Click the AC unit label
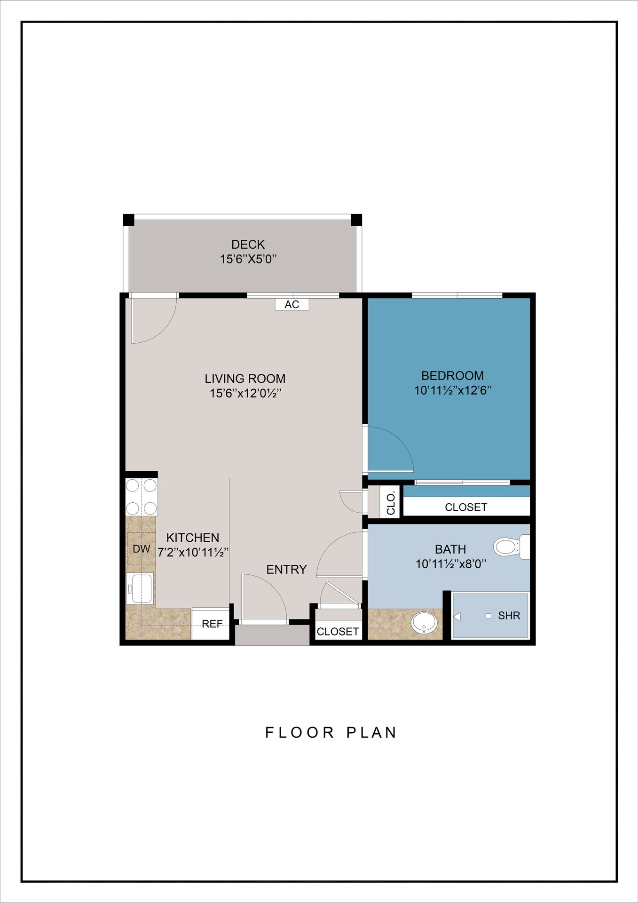tap(292, 304)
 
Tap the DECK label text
tap(248, 245)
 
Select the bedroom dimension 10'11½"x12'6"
tap(453, 390)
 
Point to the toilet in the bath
tap(511, 547)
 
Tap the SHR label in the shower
tap(509, 616)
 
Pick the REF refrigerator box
tap(212, 624)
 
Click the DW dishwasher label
tap(142, 549)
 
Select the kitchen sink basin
tap(140, 588)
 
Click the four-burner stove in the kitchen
tap(142, 497)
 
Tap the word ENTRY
tap(286, 570)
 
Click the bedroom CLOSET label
tap(466, 507)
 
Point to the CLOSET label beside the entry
tap(338, 632)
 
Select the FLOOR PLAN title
tap(331, 733)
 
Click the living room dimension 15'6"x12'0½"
tap(245, 393)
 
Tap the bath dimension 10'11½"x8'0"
tap(451, 564)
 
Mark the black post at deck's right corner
tap(356, 220)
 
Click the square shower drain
tap(488, 616)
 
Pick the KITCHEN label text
tap(193, 538)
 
